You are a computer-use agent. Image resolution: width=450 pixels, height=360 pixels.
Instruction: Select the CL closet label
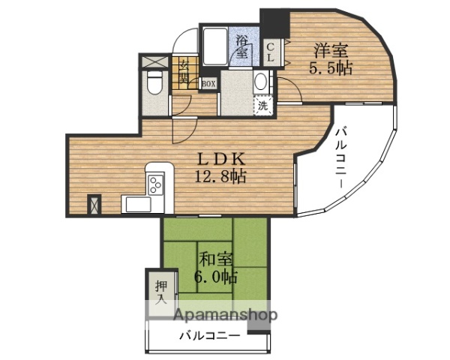[271, 52]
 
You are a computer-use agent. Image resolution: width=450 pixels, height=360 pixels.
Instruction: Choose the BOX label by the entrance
[208, 84]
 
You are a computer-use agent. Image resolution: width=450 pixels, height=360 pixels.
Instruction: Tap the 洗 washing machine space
[262, 106]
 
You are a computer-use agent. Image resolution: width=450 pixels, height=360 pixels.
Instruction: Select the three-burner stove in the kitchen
[155, 183]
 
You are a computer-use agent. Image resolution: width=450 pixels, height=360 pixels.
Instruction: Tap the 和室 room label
[216, 259]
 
